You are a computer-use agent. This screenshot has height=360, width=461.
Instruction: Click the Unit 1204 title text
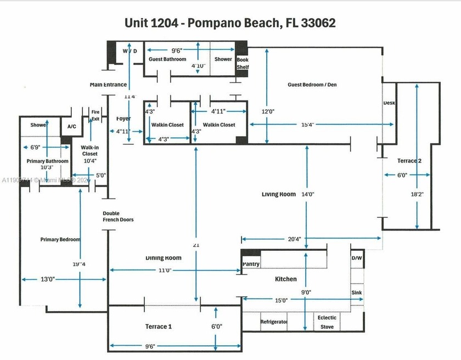[x=230, y=23]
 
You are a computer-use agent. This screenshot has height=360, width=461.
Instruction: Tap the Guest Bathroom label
[x=167, y=59]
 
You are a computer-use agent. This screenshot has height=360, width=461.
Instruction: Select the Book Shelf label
[x=242, y=63]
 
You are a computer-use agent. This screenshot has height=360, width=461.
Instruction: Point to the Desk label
[x=389, y=103]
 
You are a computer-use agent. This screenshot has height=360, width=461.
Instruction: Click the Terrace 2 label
[x=409, y=160]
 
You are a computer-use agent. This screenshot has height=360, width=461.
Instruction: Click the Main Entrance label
[x=109, y=85]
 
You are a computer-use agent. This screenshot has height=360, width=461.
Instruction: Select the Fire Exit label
[x=95, y=115]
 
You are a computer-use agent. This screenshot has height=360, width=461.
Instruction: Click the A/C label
[x=71, y=126]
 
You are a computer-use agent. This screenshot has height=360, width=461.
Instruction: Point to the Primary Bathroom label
[x=48, y=161]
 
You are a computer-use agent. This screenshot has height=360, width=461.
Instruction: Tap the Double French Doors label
[x=118, y=216]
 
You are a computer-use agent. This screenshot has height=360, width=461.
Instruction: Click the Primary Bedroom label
[x=60, y=239]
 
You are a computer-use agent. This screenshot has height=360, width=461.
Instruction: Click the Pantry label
[x=251, y=264]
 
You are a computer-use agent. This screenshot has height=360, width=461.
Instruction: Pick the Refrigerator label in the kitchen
[x=274, y=322]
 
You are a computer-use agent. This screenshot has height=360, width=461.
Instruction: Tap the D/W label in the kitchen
[x=356, y=257]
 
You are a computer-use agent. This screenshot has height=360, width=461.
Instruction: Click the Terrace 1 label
[x=158, y=327]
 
